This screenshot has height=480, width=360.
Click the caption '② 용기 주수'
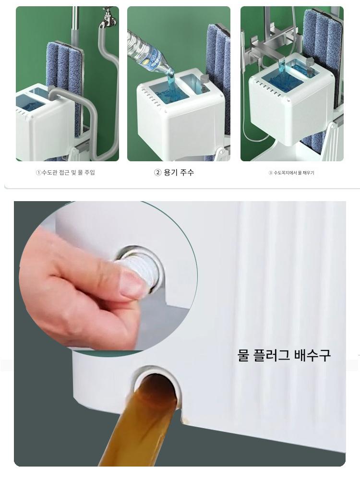174,172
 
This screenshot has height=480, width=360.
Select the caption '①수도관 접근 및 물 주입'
65,172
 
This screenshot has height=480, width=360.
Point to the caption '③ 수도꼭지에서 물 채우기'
291,173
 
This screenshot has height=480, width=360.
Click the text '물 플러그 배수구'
284,355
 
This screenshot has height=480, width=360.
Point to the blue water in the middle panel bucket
170,90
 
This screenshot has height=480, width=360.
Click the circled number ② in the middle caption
157,173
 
